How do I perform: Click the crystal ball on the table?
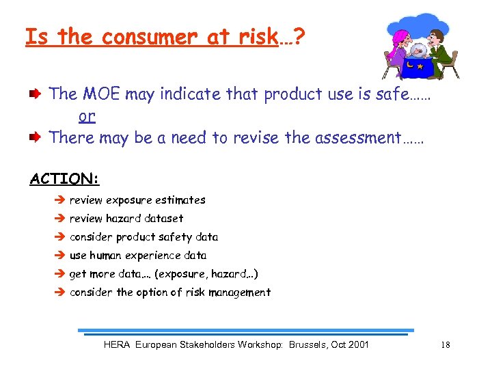417,50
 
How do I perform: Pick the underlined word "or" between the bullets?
87,116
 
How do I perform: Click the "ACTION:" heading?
64,179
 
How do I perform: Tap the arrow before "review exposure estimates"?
60,200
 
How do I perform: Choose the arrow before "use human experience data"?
60,256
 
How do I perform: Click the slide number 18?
446,344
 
